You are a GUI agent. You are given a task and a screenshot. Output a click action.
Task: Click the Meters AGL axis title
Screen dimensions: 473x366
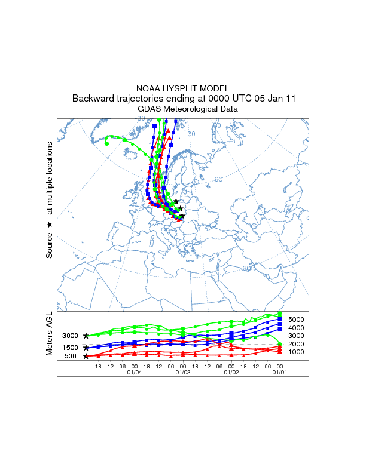[x=50, y=334]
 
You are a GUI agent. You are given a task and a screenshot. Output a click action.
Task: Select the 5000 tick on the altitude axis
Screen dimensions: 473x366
[x=297, y=320]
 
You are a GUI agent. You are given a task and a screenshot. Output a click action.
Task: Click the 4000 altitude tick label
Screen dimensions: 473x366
[x=297, y=328]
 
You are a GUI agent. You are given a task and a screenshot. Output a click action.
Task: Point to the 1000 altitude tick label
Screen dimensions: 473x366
[x=297, y=352]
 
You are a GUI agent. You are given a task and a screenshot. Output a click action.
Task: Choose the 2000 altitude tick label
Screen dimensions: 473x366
[x=297, y=344]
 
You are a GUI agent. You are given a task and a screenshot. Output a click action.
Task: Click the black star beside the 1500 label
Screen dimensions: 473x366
[x=86, y=348]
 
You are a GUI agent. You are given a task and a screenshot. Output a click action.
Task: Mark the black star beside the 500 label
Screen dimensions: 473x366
[x=86, y=357]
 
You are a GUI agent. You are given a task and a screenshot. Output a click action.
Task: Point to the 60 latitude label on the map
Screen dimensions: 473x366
[x=218, y=179]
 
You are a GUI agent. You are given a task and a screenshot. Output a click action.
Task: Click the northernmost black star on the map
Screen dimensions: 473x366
[x=176, y=201]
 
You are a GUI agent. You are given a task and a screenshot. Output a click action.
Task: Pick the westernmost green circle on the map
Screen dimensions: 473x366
[x=106, y=143]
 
